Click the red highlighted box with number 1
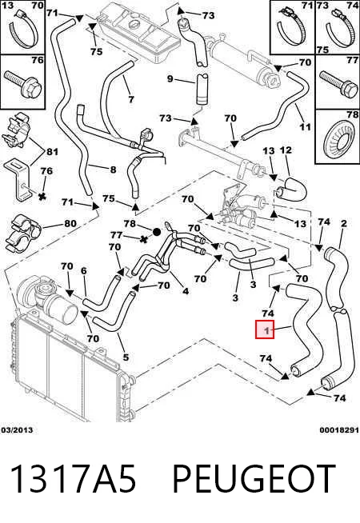click(x=265, y=329)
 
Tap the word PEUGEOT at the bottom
click(x=254, y=480)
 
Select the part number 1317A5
click(x=74, y=480)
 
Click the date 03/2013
click(x=18, y=430)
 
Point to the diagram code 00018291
click(x=339, y=430)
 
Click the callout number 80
click(x=70, y=223)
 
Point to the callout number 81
click(x=52, y=152)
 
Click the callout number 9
click(x=170, y=79)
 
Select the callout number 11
click(x=305, y=126)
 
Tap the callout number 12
click(x=286, y=150)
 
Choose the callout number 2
click(x=344, y=224)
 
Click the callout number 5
click(x=126, y=357)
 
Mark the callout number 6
click(x=84, y=271)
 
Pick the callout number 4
click(x=186, y=291)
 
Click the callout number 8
click(x=113, y=170)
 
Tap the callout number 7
click(x=131, y=99)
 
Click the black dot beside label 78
click(x=157, y=231)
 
